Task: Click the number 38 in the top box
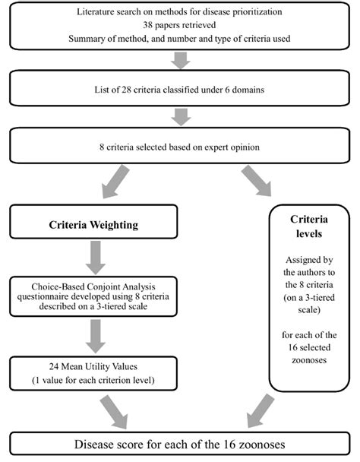pos(148,25)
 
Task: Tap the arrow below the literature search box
pos(180,60)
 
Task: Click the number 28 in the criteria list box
pos(126,90)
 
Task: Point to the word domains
pos(248,90)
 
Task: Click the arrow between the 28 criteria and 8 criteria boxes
pos(181,117)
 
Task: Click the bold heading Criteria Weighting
pos(93,225)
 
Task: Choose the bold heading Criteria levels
pos(309,226)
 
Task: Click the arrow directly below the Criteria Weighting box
pos(96,258)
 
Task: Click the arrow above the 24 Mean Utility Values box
pos(96,336)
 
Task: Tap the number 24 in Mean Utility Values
pos(54,366)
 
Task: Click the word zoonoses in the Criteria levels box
pos(309,360)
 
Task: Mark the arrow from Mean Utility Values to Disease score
pos(115,412)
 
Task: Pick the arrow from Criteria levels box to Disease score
pos(260,411)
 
